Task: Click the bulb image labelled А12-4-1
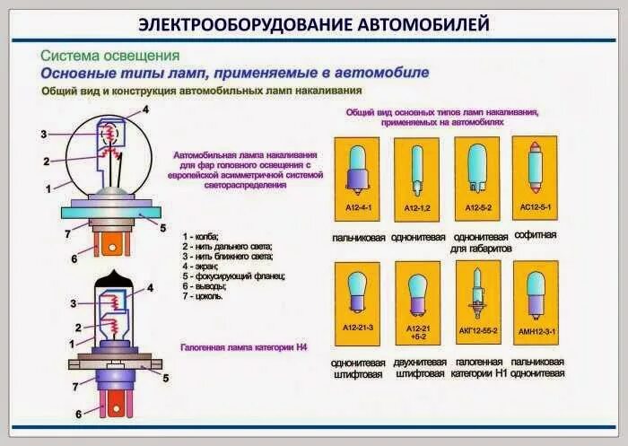point(357,171)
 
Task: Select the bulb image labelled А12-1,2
point(417,171)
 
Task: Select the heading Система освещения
point(109,56)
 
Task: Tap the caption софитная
point(538,234)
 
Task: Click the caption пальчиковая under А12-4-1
point(358,238)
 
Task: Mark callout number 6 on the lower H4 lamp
point(78,414)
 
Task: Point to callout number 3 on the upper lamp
point(43,135)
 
